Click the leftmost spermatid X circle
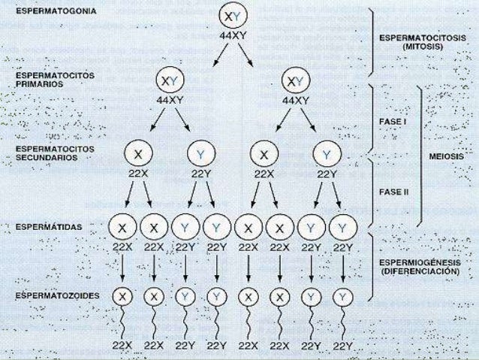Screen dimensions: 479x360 (x=122, y=225)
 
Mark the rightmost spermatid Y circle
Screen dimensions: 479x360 (x=343, y=225)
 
